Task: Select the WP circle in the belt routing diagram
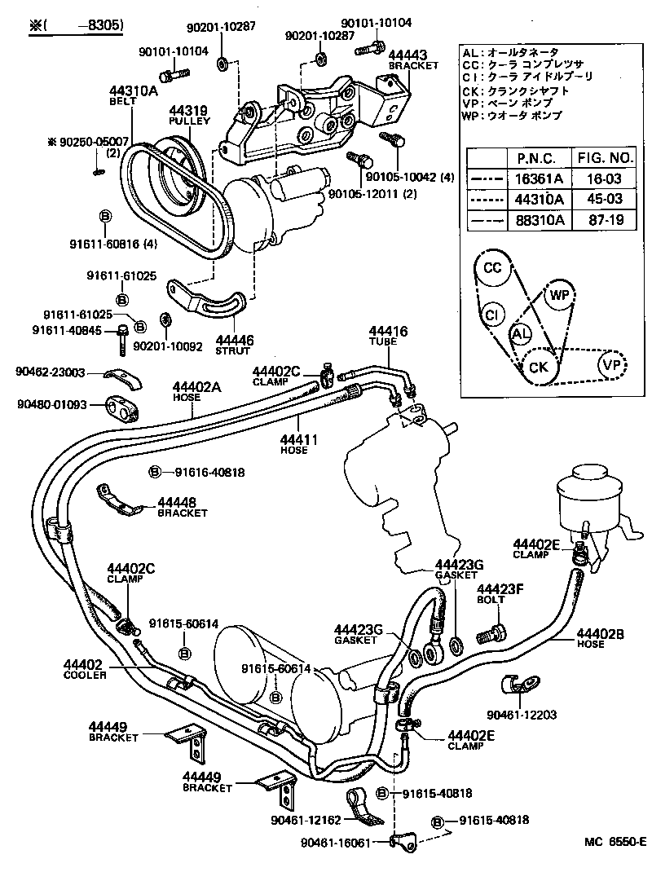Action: [558, 294]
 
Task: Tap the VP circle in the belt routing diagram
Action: [612, 364]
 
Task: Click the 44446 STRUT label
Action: [235, 345]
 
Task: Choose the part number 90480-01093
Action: [50, 401]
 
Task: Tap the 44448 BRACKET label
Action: [182, 507]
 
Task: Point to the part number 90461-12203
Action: [522, 715]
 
